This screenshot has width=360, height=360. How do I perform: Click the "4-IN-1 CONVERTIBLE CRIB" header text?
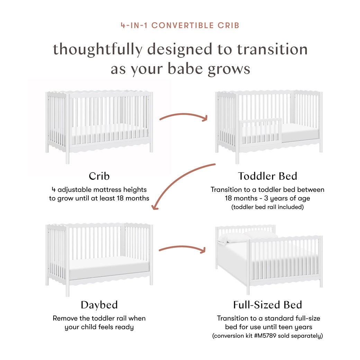pyautogui.click(x=180, y=26)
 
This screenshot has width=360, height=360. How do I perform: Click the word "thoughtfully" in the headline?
pyautogui.click(x=97, y=49)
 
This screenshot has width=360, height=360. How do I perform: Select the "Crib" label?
pyautogui.click(x=99, y=176)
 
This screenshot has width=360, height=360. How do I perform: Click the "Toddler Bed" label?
pyautogui.click(x=267, y=176)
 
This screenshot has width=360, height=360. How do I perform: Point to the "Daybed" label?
pyautogui.click(x=99, y=305)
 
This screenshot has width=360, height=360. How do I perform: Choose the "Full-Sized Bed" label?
pyautogui.click(x=267, y=305)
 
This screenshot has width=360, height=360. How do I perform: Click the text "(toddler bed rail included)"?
pyautogui.click(x=267, y=207)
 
